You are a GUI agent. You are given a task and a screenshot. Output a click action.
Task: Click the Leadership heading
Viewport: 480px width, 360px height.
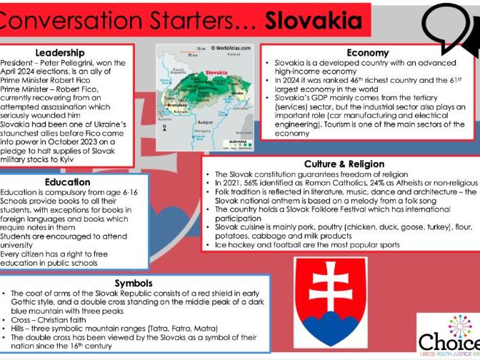point(60,52)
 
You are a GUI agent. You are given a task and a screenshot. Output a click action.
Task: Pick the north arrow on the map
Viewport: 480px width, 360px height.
point(164,128)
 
